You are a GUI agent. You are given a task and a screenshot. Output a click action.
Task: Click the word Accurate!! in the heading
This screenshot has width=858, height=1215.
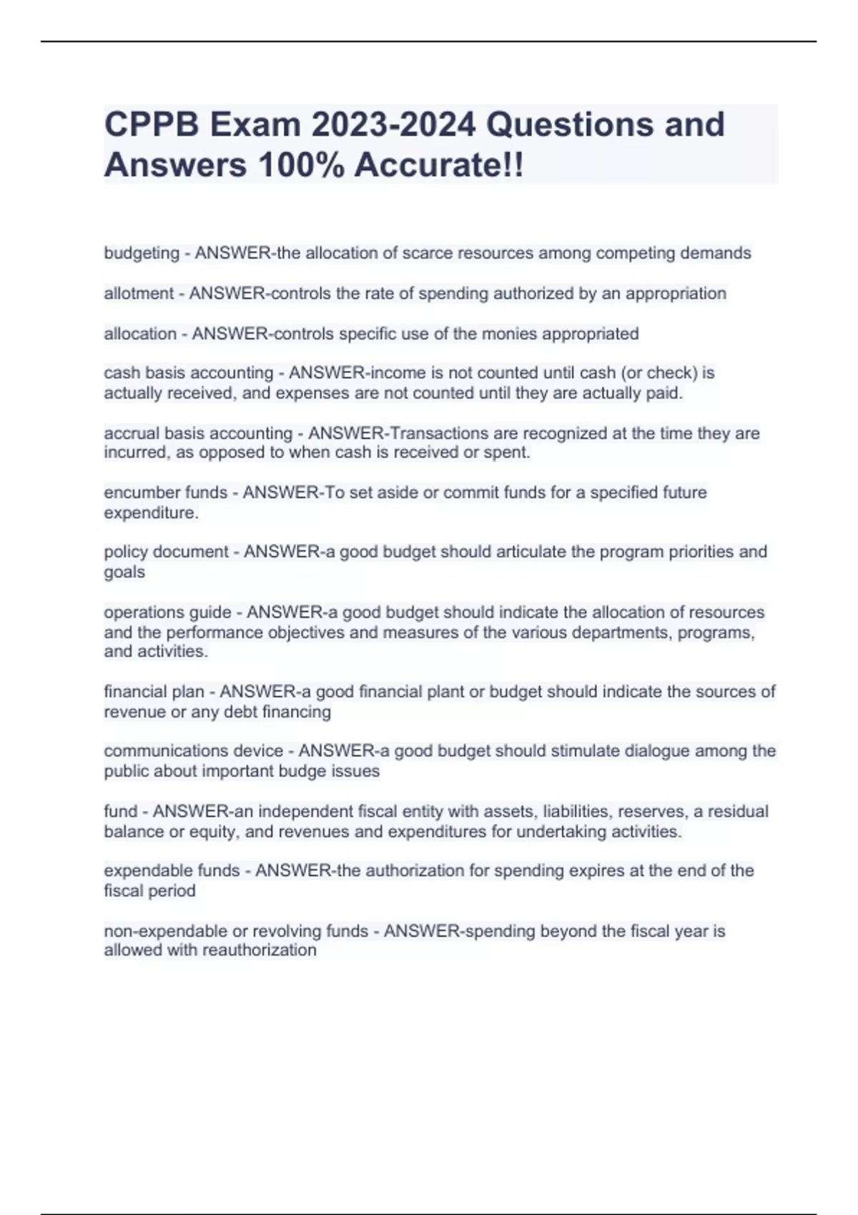pyautogui.click(x=439, y=165)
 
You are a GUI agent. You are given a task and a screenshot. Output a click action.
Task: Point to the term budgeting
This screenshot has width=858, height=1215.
pyautogui.click(x=142, y=253)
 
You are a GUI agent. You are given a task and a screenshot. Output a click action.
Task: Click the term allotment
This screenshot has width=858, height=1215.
pyautogui.click(x=139, y=293)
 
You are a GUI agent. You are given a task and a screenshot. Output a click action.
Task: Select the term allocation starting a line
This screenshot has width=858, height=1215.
pyautogui.click(x=140, y=334)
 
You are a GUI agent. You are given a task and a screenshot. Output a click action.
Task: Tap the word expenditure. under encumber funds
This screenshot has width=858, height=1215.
pyautogui.click(x=151, y=513)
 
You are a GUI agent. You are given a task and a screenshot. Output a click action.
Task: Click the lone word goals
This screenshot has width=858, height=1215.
pyautogui.click(x=124, y=572)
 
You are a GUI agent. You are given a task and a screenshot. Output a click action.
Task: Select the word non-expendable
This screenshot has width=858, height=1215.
pyautogui.click(x=165, y=931)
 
